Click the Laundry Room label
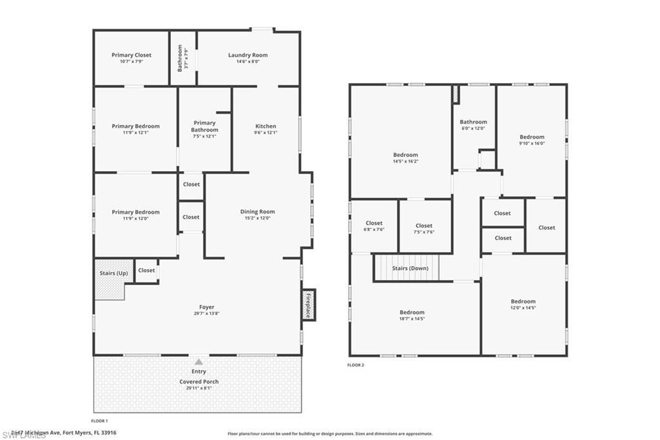pos(247,55)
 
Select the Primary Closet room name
pos(131,55)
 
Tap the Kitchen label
pos(266,126)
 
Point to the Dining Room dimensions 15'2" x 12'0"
pos(258,218)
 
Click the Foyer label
pos(206,307)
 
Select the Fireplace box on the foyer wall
pos(308,305)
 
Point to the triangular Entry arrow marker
pos(199,362)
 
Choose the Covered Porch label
pos(199,381)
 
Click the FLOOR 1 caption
pos(99,420)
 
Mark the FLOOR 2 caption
pos(356,365)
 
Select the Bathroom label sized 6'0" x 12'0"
pos(473,122)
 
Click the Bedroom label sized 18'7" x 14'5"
pos(412,312)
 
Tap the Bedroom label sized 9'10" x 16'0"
pos(532,137)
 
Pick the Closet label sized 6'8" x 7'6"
pos(374,223)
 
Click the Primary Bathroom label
pos(204,126)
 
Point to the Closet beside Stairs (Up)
pos(146,270)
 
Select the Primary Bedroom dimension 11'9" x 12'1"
pos(135,133)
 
